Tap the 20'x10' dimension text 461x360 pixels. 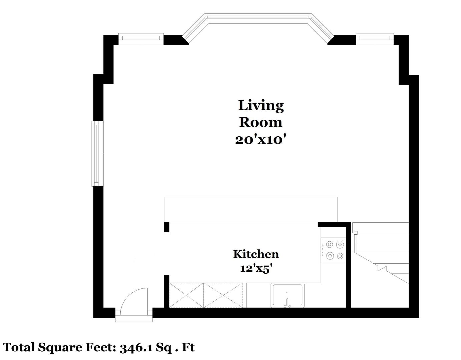pyautogui.click(x=261, y=140)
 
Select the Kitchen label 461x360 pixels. pyautogui.click(x=256, y=254)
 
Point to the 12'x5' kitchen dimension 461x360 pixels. pyautogui.click(x=256, y=269)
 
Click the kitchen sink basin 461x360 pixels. pyautogui.click(x=287, y=295)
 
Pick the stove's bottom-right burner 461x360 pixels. pyautogui.click(x=340, y=256)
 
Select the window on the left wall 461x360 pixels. pyautogui.click(x=97, y=154)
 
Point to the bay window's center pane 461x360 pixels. pyautogui.click(x=259, y=19)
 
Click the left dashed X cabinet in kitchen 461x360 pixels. pyautogui.click(x=186, y=295)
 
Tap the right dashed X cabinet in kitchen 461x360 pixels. pyautogui.click(x=223, y=295)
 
